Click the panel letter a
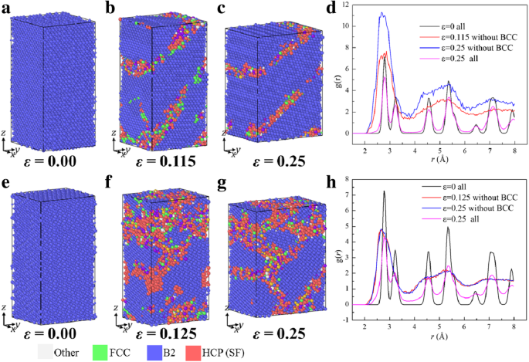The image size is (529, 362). [x=5, y=8]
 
